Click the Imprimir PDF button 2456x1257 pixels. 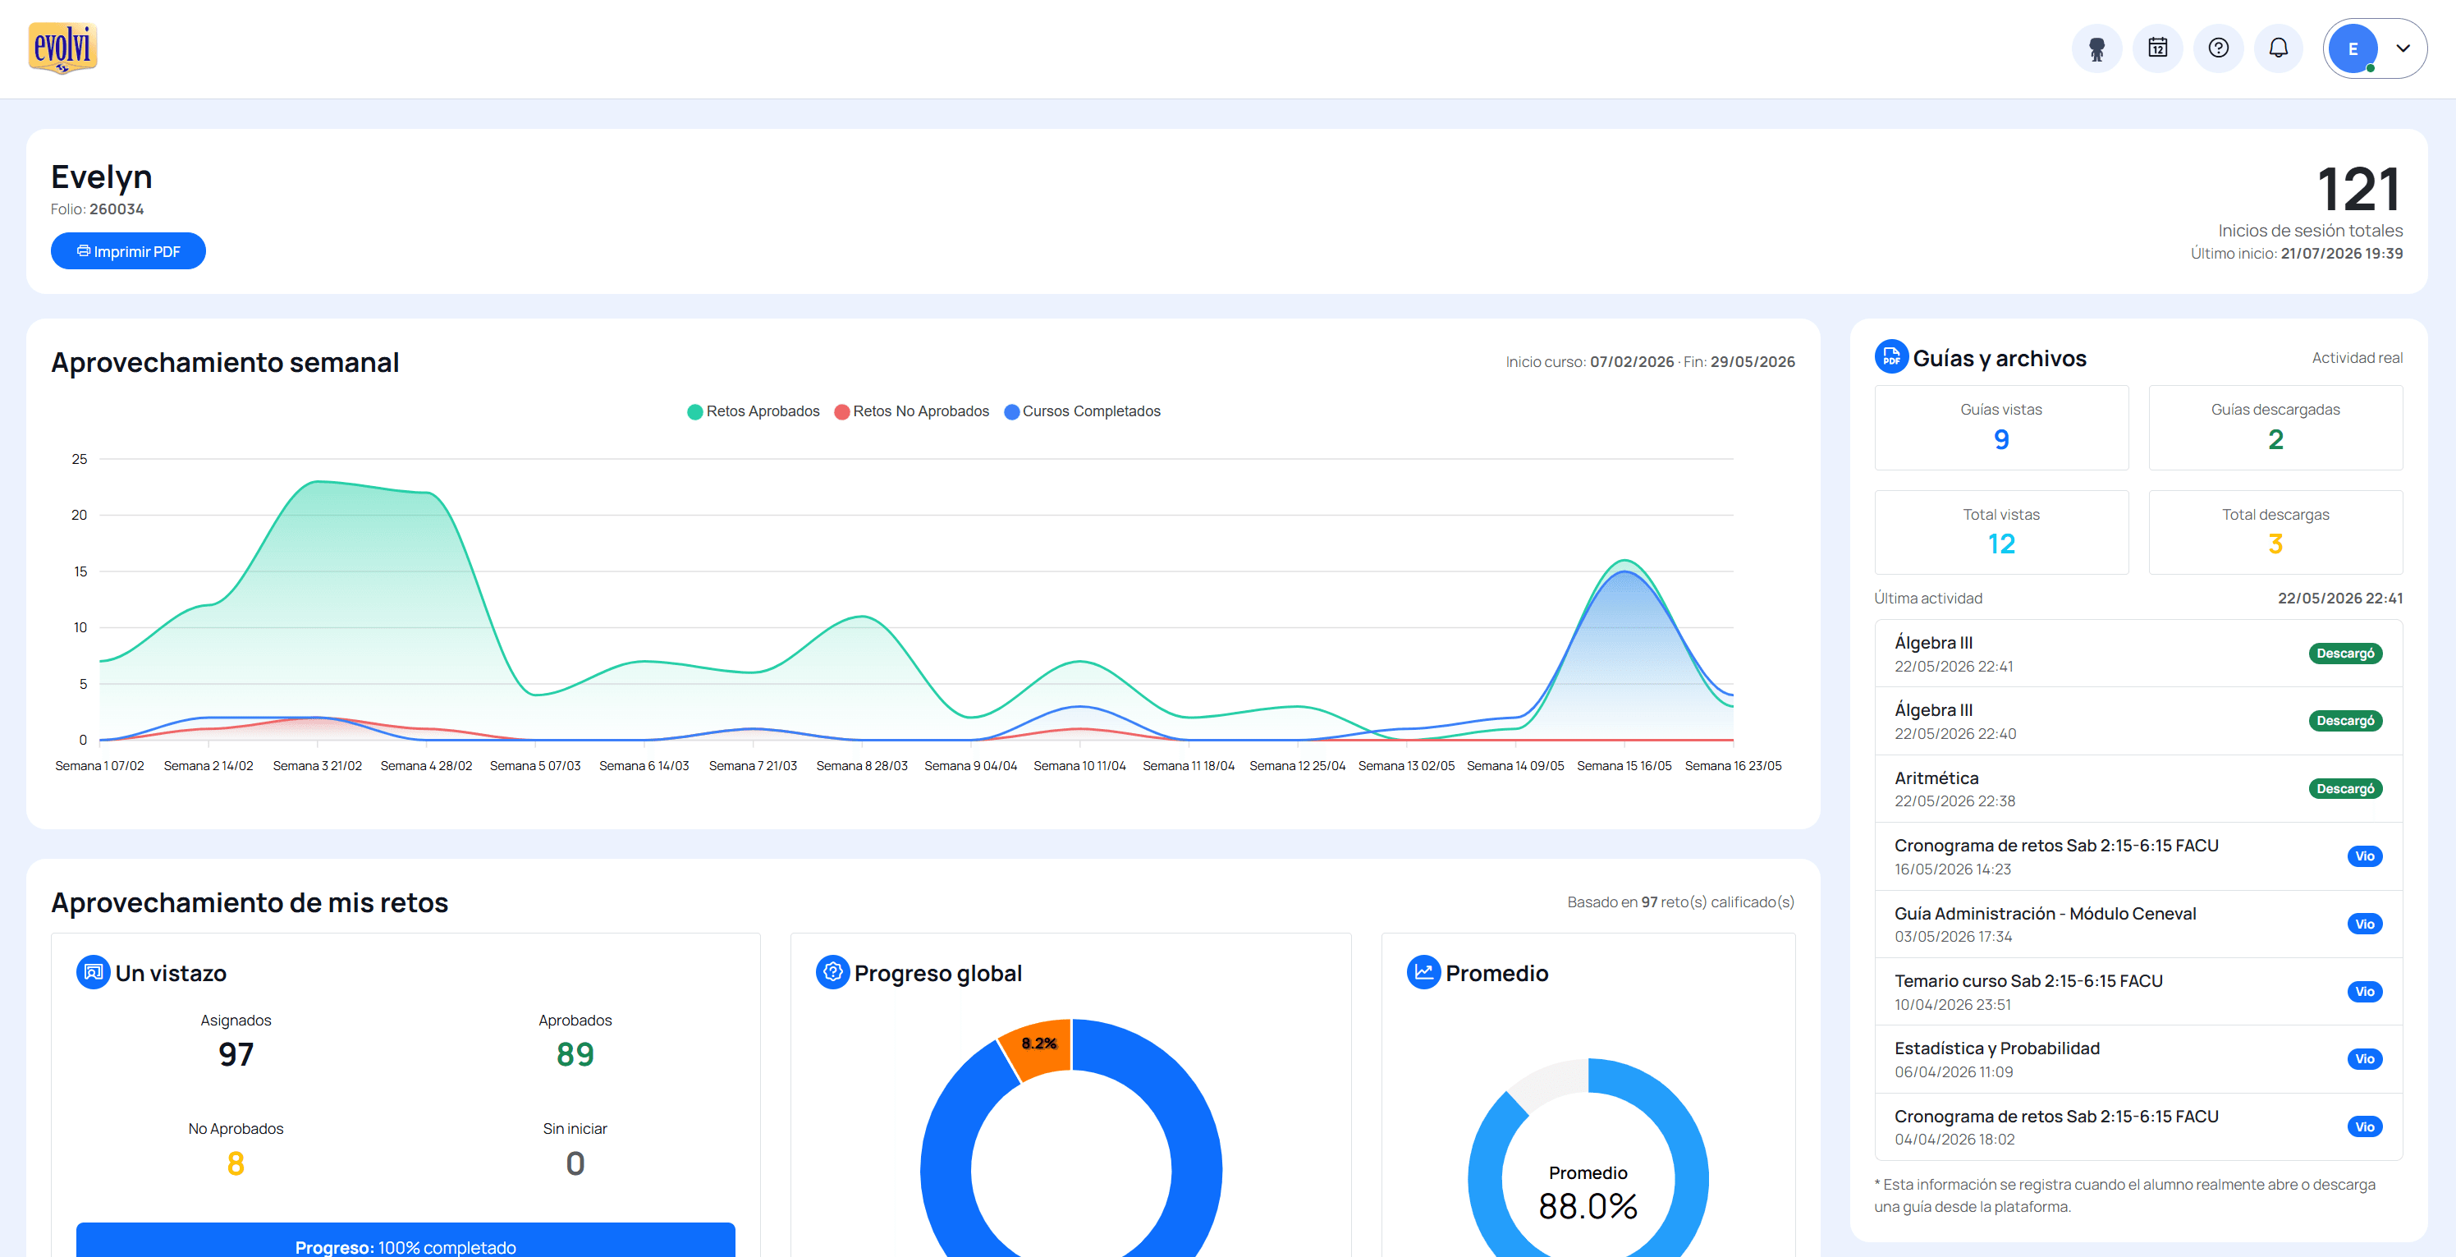pyautogui.click(x=128, y=251)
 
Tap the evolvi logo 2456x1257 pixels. pyautogui.click(x=63, y=48)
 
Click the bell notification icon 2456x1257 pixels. pyautogui.click(x=2278, y=48)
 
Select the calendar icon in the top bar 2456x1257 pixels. pyautogui.click(x=2156, y=48)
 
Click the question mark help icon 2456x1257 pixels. pyautogui.click(x=2218, y=48)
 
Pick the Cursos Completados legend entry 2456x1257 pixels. pyautogui.click(x=1082, y=411)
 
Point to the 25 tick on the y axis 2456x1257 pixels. pyautogui.click(x=79, y=459)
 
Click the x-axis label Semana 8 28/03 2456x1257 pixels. pyautogui.click(x=862, y=766)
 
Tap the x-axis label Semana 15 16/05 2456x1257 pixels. pyautogui.click(x=1624, y=766)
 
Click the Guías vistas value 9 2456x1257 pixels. pyautogui.click(x=2001, y=440)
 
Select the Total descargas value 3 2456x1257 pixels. pyautogui.click(x=2275, y=544)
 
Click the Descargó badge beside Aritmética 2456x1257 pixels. pyautogui.click(x=2344, y=789)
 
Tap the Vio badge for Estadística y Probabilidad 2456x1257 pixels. pyautogui.click(x=2364, y=1058)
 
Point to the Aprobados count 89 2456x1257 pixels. pyautogui.click(x=575, y=1054)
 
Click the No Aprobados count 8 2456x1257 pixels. pyautogui.click(x=236, y=1163)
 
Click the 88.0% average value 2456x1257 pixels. pyautogui.click(x=1588, y=1206)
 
